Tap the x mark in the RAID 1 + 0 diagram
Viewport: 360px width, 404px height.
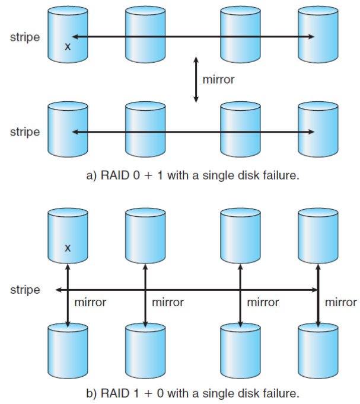point(68,248)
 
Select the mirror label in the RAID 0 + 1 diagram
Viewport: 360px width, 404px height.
point(218,79)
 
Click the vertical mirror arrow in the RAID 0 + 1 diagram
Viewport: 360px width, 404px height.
point(196,79)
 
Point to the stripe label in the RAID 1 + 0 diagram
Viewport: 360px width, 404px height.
point(25,290)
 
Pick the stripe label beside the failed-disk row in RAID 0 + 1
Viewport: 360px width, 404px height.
point(25,37)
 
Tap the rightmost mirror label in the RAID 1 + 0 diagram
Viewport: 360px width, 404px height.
point(341,303)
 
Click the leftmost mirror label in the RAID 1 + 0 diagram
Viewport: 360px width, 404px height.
point(90,303)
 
